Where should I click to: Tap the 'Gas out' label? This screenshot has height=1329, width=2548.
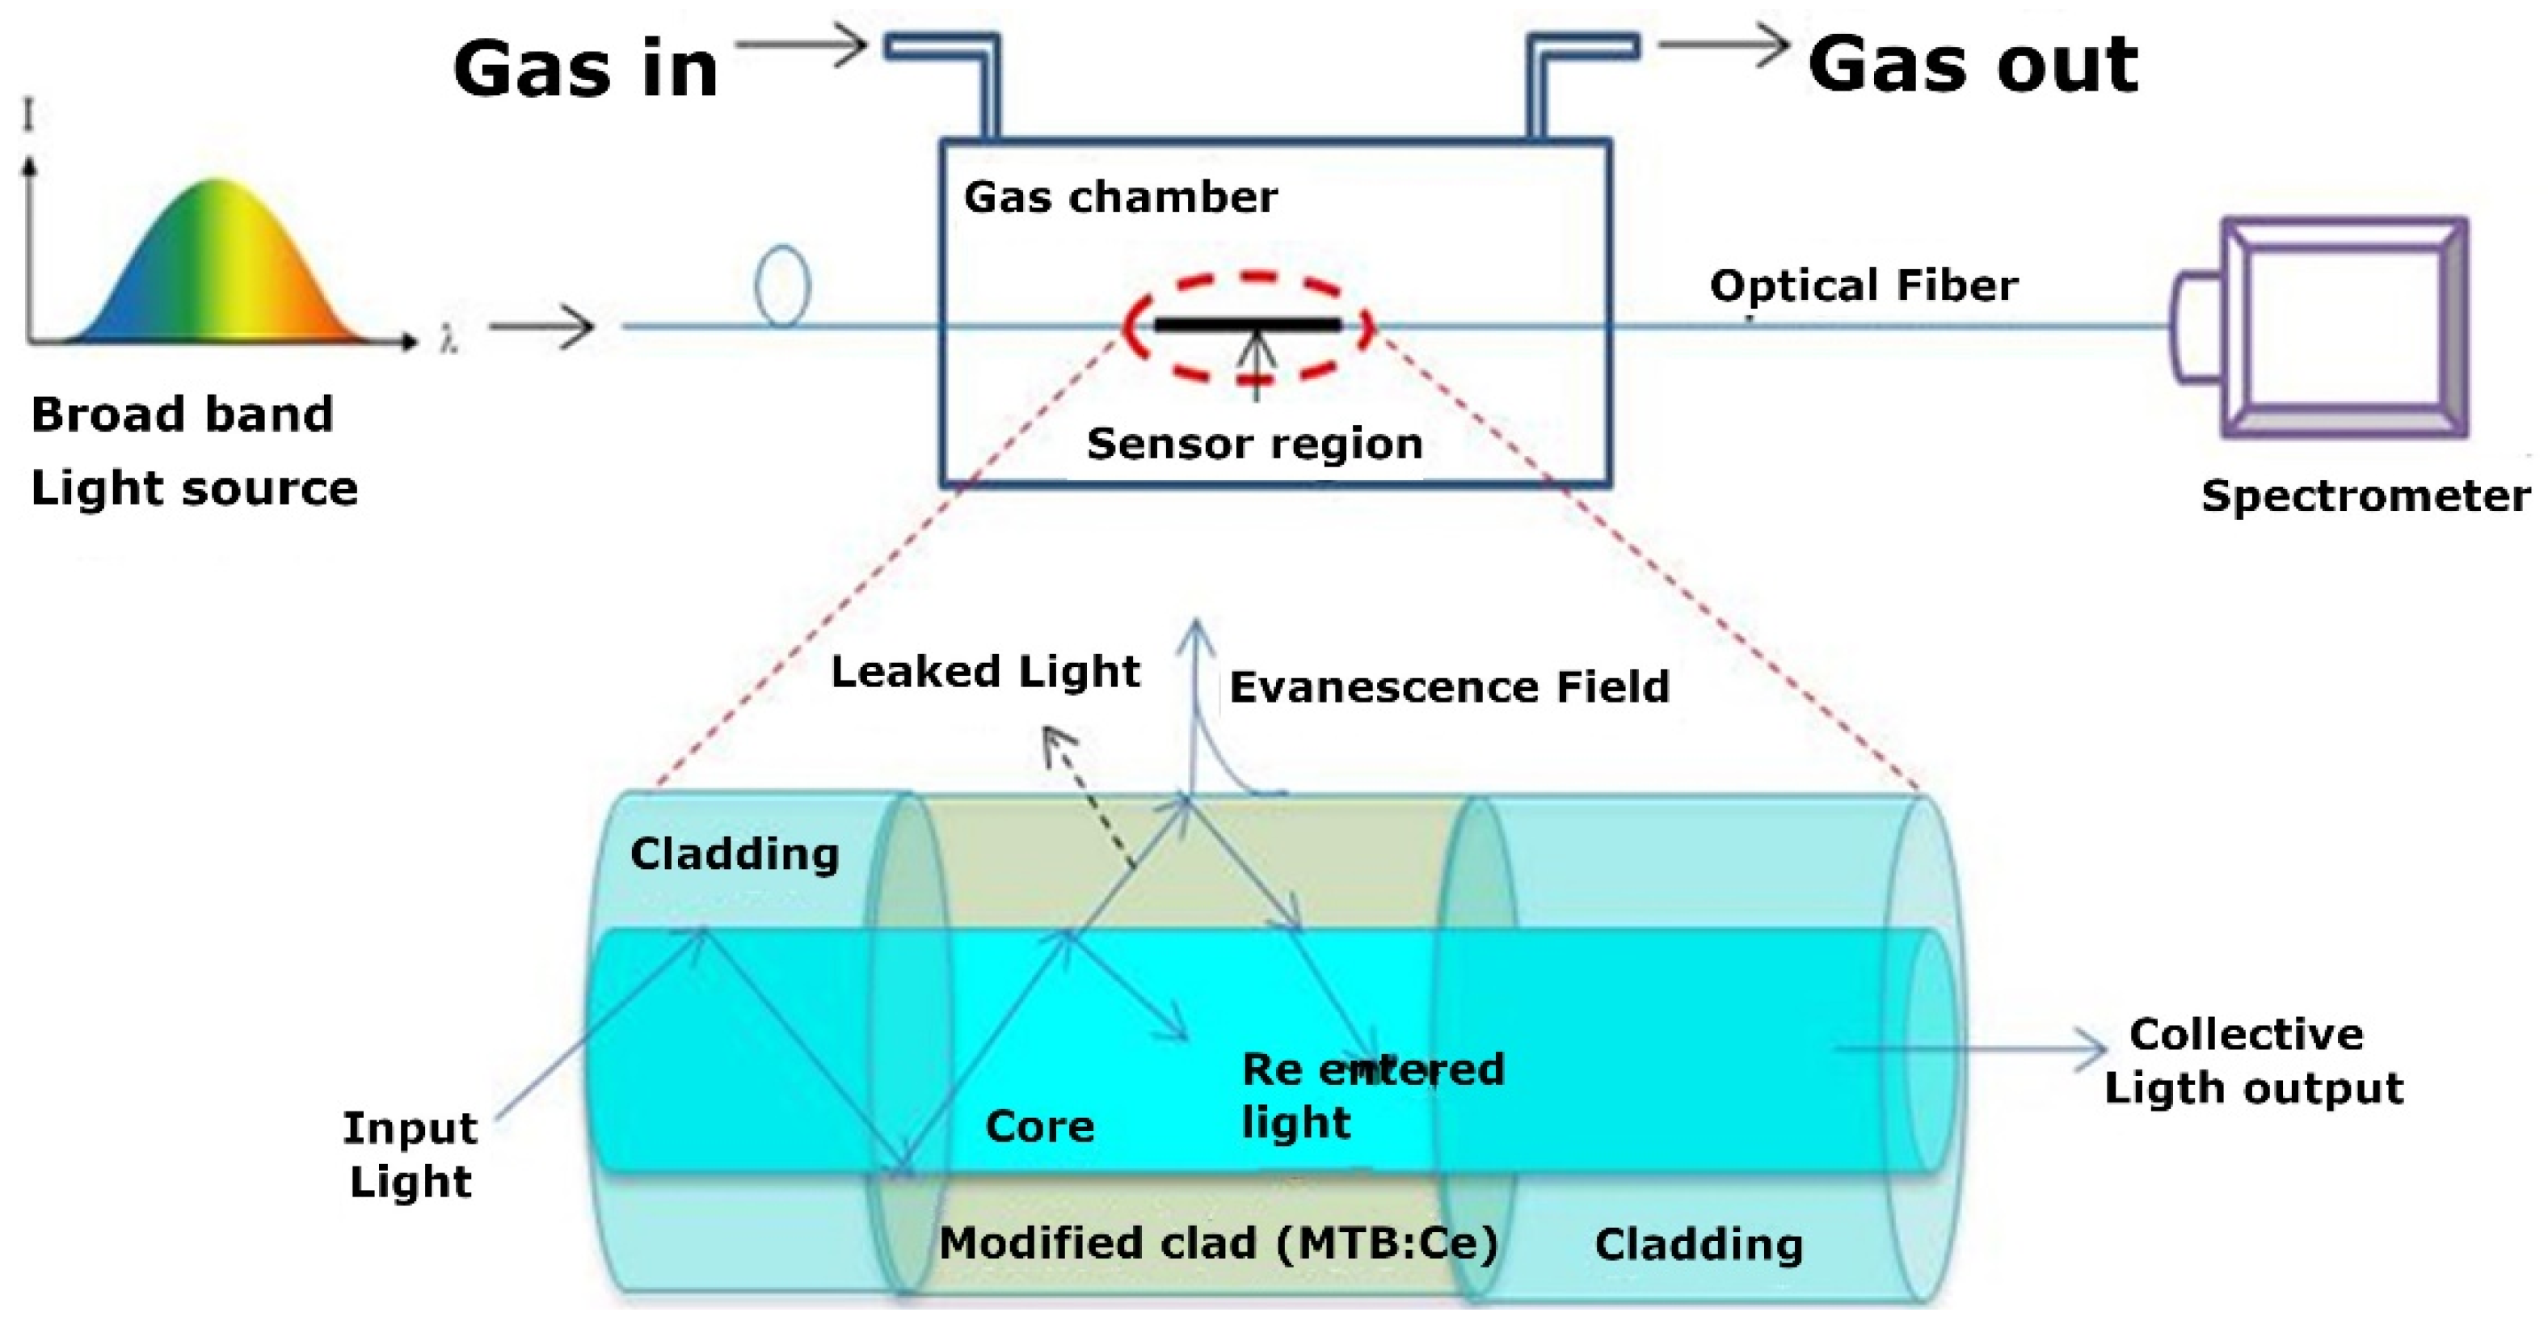(x=1973, y=65)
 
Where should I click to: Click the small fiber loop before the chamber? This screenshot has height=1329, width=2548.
(x=781, y=286)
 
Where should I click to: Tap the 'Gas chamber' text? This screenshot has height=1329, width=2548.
(x=1120, y=197)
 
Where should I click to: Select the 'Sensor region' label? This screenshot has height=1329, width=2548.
(x=1254, y=443)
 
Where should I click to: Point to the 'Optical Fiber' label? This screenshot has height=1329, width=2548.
(x=1864, y=285)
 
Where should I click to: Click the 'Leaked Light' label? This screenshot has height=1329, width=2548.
(x=985, y=671)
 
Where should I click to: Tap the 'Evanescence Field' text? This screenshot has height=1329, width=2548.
(x=1449, y=687)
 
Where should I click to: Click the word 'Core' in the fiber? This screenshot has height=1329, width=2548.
(x=1039, y=1126)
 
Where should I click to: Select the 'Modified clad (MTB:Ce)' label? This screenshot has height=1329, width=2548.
(x=1218, y=1243)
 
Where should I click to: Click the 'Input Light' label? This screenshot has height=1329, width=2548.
(x=411, y=1154)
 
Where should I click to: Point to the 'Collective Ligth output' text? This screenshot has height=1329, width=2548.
(x=2252, y=1061)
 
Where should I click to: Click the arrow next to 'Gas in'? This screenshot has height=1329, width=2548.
(x=801, y=45)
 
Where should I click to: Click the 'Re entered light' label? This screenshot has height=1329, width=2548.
(x=1370, y=1095)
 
